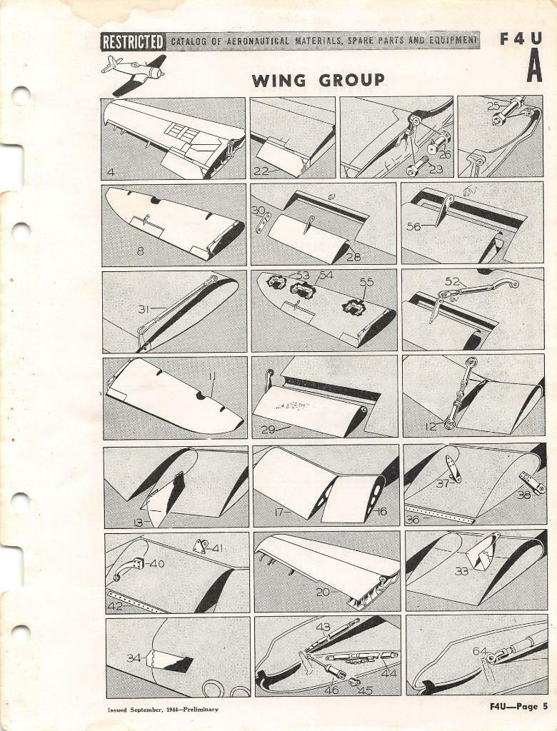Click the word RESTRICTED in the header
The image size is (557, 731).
pyautogui.click(x=134, y=41)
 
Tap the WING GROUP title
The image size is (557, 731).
pyautogui.click(x=318, y=80)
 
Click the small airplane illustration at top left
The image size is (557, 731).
pyautogui.click(x=134, y=72)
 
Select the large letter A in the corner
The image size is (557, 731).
pyautogui.click(x=534, y=69)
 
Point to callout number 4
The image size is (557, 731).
pyautogui.click(x=111, y=171)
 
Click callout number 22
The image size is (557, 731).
pyautogui.click(x=261, y=171)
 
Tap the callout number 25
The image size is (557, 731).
pyautogui.click(x=493, y=105)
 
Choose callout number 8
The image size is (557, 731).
pyautogui.click(x=141, y=251)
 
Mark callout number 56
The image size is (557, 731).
pyautogui.click(x=413, y=226)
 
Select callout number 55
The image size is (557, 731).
pyautogui.click(x=366, y=282)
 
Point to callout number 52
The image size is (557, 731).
pyautogui.click(x=452, y=281)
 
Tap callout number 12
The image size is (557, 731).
pyautogui.click(x=431, y=426)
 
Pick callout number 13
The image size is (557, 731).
pyautogui.click(x=138, y=523)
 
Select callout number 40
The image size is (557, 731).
pyautogui.click(x=156, y=564)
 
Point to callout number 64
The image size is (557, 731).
pyautogui.click(x=480, y=651)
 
